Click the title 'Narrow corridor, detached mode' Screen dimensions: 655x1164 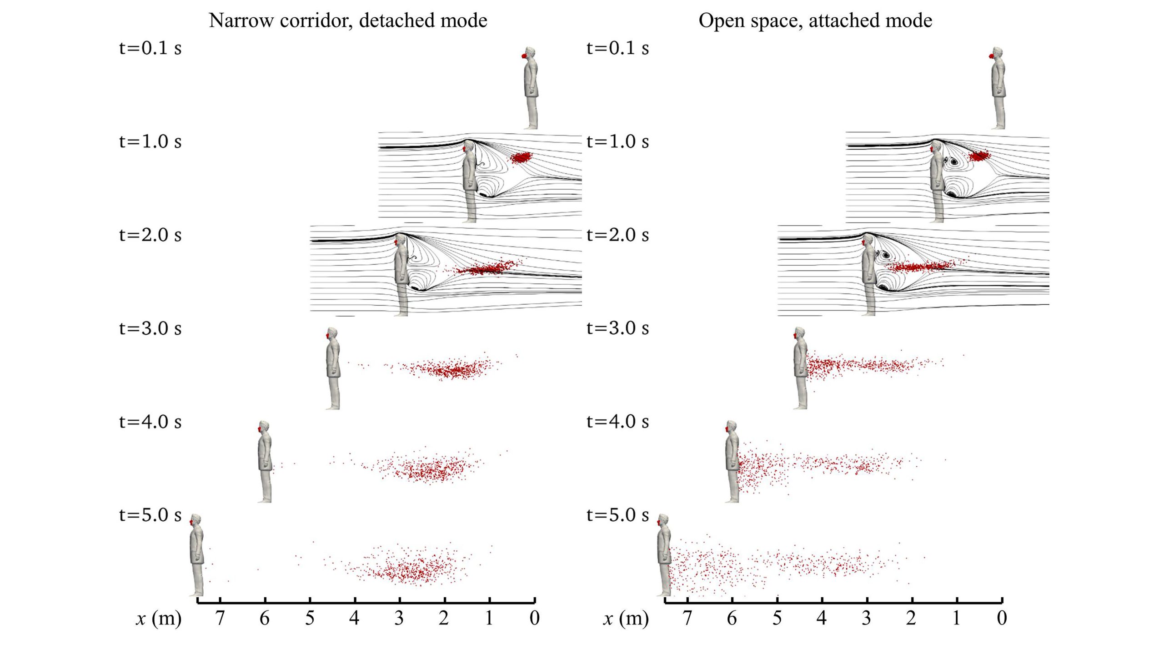click(348, 20)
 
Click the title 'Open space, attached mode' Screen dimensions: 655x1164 click(815, 20)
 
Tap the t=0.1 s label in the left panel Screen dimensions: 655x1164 click(150, 48)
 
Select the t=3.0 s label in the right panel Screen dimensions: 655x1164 click(617, 328)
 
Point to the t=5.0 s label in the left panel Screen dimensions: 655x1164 click(150, 515)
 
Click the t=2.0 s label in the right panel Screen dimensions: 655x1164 click(617, 235)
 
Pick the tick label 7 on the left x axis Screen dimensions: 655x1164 click(220, 618)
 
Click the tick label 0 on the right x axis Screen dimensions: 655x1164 click(1002, 618)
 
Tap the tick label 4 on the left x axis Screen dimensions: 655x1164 click(355, 618)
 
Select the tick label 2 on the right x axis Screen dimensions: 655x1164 click(911, 618)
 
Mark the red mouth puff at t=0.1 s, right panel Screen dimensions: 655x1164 click(991, 56)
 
